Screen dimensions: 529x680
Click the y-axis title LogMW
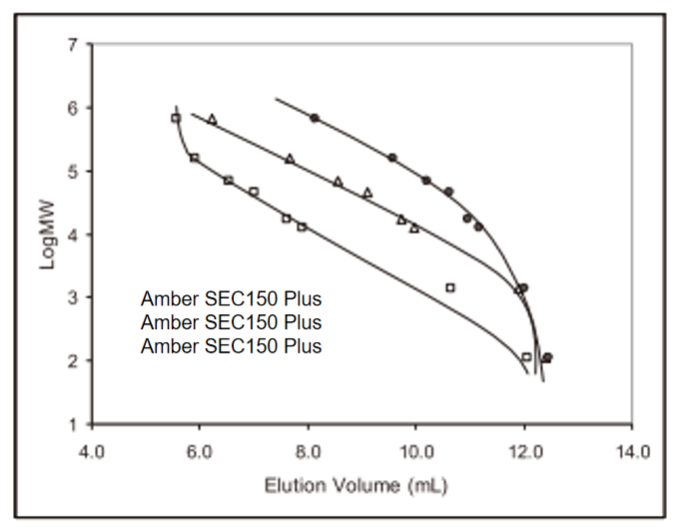46,234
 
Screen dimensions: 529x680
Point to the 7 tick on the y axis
72,45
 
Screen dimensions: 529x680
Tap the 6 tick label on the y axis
72,108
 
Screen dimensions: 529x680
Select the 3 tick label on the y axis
72,297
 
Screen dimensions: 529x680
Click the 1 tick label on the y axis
72,424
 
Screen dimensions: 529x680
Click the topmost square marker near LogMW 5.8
176,118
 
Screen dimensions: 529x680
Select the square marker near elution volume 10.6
450,287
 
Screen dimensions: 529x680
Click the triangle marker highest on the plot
212,119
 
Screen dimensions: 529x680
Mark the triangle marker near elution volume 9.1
367,193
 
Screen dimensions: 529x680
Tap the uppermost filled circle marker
315,118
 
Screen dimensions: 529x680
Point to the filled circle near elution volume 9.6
392,158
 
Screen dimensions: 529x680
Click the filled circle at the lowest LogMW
547,357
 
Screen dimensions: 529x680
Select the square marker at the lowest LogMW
526,357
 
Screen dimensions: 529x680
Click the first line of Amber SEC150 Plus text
232,298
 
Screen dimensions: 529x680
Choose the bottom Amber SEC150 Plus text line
232,346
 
